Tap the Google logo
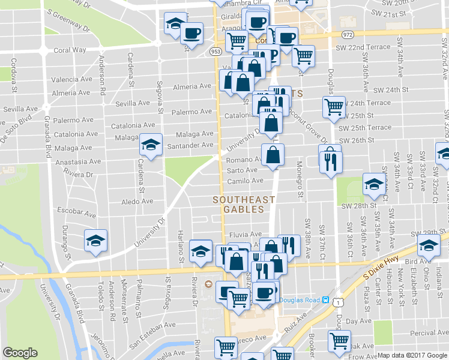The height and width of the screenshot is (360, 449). (20, 353)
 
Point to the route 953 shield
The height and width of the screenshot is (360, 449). (215, 52)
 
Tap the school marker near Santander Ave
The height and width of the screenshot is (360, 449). (151, 145)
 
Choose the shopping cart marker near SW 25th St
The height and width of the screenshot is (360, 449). (334, 108)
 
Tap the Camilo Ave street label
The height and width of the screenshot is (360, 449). (246, 181)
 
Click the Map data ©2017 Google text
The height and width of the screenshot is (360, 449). (412, 355)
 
